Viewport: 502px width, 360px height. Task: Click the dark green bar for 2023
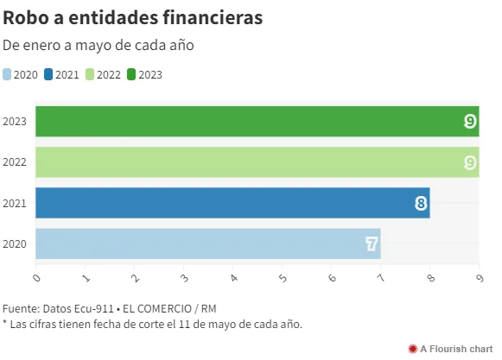click(x=257, y=121)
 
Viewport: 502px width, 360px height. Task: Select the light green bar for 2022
click(x=257, y=162)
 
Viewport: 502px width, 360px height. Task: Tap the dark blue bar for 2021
click(x=232, y=203)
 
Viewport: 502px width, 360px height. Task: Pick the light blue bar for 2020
click(x=208, y=243)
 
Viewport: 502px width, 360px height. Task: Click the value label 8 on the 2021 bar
click(x=421, y=203)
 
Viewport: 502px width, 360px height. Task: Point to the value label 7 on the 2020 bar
click(x=372, y=244)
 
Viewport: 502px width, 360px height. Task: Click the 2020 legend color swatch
click(x=7, y=74)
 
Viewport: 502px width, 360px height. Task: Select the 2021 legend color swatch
click(x=48, y=74)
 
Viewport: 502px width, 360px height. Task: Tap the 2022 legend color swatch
click(x=90, y=74)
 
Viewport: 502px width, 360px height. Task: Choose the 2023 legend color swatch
click(x=131, y=74)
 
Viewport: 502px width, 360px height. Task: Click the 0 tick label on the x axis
click(x=37, y=278)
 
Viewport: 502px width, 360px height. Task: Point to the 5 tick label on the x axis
click(x=283, y=278)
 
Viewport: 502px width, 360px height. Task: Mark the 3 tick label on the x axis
click(x=184, y=278)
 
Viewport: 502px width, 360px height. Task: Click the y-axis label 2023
click(x=15, y=122)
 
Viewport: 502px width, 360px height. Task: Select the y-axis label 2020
click(x=15, y=244)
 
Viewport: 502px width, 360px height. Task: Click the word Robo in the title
click(x=26, y=17)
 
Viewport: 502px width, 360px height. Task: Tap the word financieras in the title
click(x=213, y=17)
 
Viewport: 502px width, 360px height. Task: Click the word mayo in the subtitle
click(x=93, y=46)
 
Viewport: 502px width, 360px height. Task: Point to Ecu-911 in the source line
click(x=94, y=309)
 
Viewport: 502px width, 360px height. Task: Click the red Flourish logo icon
click(x=413, y=349)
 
